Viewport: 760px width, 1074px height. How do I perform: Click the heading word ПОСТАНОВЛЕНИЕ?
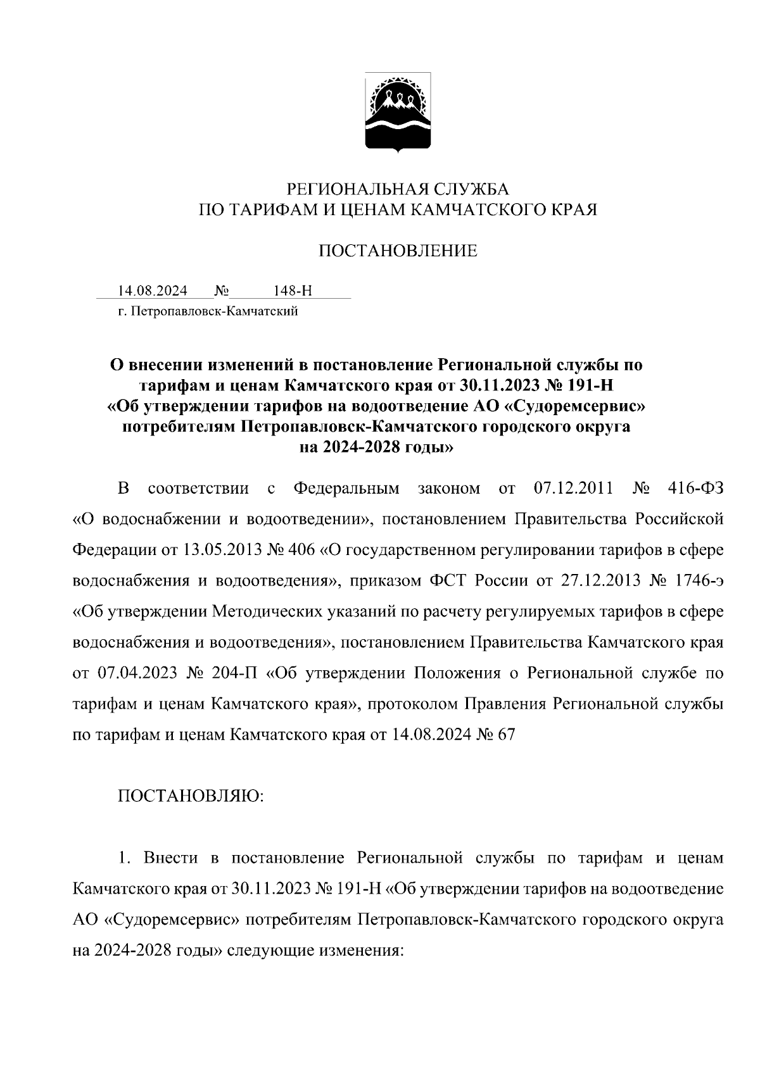coord(397,251)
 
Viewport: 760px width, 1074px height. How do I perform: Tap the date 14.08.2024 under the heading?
coord(153,291)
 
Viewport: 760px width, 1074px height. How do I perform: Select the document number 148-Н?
coord(293,291)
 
